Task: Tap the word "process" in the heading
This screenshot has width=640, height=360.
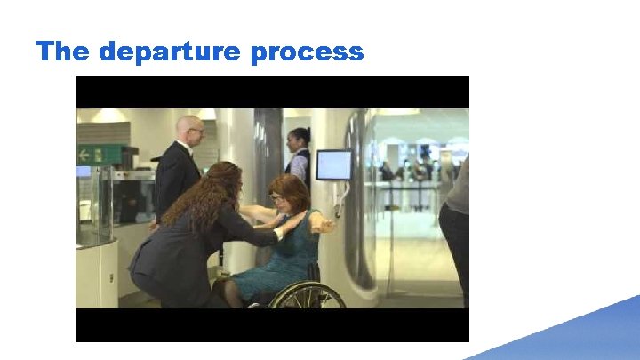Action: pos(307,52)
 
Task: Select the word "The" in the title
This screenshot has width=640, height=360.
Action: pos(63,52)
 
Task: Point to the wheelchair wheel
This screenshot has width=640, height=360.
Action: pos(307,296)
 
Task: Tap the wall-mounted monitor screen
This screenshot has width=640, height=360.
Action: pos(333,165)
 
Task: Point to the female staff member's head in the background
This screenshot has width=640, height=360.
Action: pos(299,139)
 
